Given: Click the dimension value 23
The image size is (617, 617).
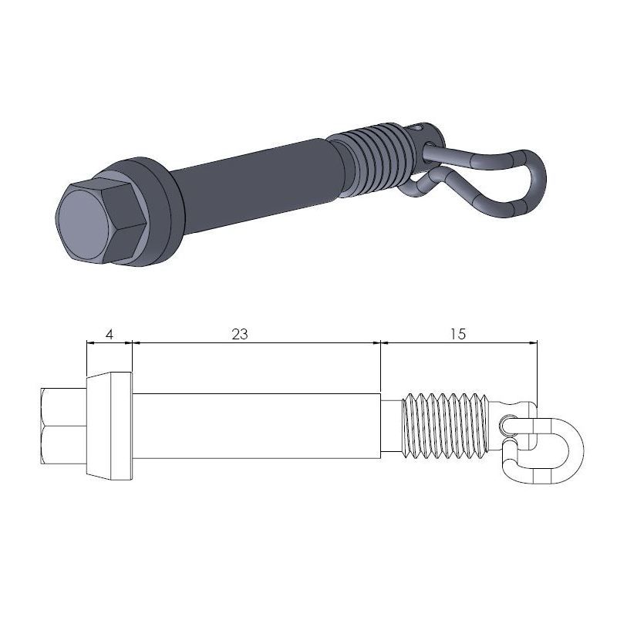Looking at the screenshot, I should [x=240, y=334].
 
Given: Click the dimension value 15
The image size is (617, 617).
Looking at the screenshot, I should [x=457, y=334].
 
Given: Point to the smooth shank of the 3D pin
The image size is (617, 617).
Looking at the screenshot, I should [x=255, y=181].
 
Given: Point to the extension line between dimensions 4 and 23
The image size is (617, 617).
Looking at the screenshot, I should [x=133, y=359].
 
